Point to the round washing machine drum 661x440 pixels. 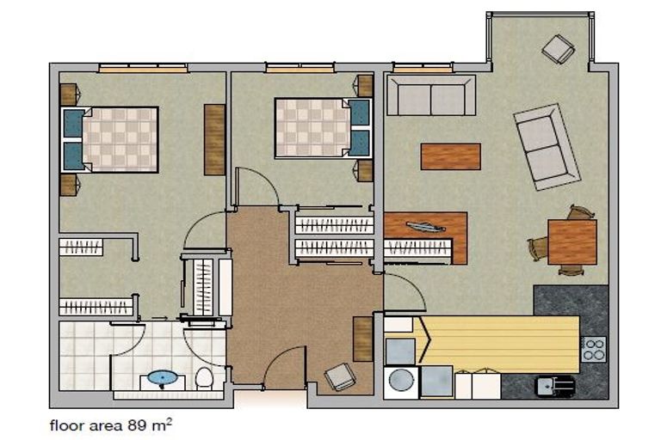pyautogui.click(x=400, y=381)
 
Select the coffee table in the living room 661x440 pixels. pyautogui.click(x=450, y=156)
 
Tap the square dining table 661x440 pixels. pyautogui.click(x=571, y=241)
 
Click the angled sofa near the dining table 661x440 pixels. pyautogui.click(x=545, y=146)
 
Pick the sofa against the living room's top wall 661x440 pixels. pyautogui.click(x=430, y=95)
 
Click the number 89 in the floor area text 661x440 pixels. pyautogui.click(x=140, y=425)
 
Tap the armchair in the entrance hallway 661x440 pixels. pyautogui.click(x=339, y=376)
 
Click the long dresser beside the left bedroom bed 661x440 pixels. pyautogui.click(x=214, y=138)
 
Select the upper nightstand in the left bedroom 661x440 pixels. pyautogui.click(x=69, y=93)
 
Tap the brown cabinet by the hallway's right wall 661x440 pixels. pyautogui.click(x=362, y=338)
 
